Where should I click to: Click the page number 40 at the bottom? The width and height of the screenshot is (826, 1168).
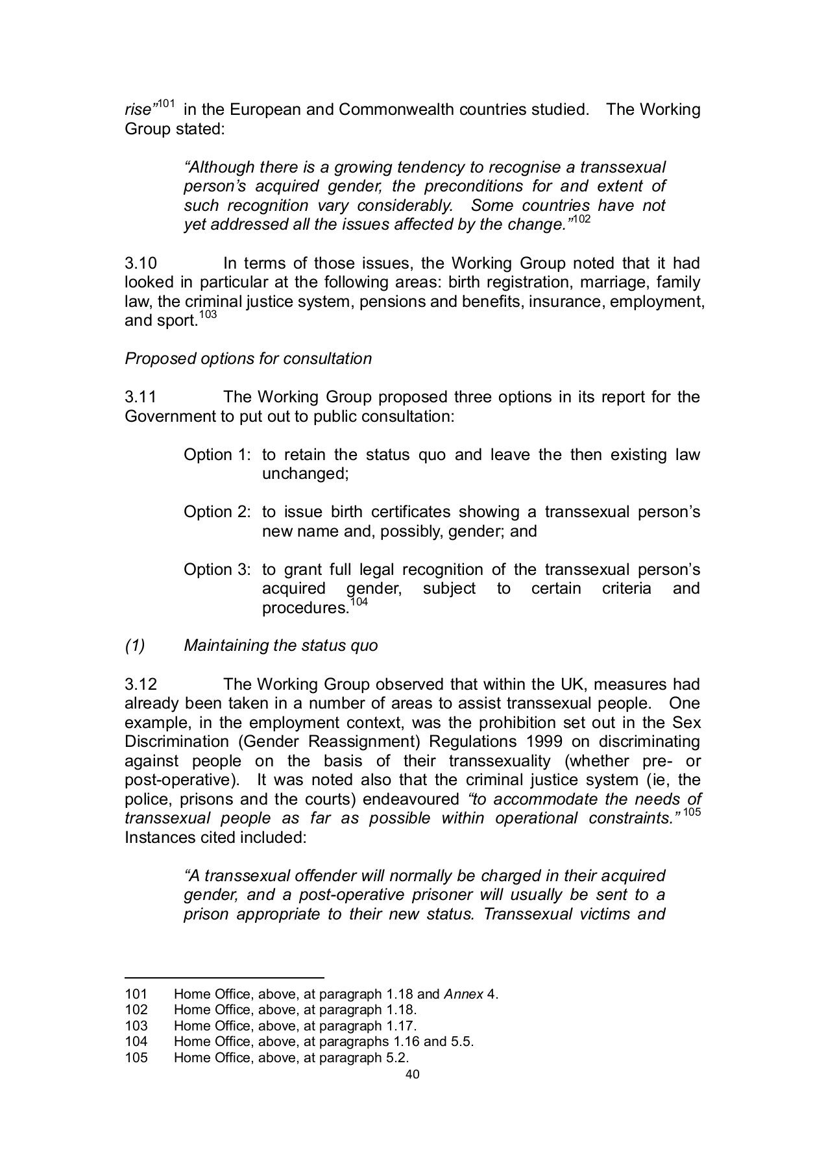point(412,1074)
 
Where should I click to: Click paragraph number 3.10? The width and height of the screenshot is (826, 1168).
point(141,263)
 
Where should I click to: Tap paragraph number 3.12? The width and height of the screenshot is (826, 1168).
point(141,685)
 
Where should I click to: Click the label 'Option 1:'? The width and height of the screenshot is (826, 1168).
point(217,455)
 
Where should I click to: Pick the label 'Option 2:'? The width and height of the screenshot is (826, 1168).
point(217,513)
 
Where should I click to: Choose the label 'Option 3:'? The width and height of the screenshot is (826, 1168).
point(217,570)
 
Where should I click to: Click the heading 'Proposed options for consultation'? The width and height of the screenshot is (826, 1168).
point(248,359)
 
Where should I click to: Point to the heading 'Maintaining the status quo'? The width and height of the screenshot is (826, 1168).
point(280,646)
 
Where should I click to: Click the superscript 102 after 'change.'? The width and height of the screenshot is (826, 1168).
point(582,220)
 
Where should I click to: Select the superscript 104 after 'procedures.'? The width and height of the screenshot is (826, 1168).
point(359,603)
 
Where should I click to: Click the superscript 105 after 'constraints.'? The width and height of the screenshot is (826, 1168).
point(692,812)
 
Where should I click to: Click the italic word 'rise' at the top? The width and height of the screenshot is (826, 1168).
point(138,110)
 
